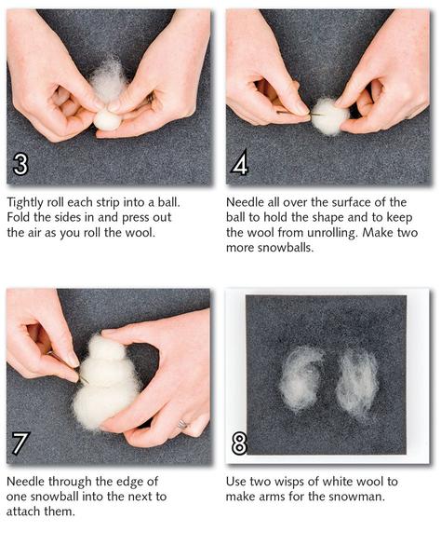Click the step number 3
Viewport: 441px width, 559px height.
point(20,164)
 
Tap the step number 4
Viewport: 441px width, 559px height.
point(239,164)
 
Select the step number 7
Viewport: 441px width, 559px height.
point(19,443)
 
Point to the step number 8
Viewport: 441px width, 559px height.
point(239,443)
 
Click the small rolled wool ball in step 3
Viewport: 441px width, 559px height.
point(107,120)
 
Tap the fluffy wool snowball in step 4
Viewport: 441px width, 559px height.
point(329,116)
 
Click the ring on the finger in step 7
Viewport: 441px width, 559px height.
point(182,424)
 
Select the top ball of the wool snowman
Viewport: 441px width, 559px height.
point(107,347)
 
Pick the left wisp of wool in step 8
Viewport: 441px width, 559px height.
point(301,379)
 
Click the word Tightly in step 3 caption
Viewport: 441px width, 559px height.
point(25,203)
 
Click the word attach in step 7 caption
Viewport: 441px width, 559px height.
point(23,511)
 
